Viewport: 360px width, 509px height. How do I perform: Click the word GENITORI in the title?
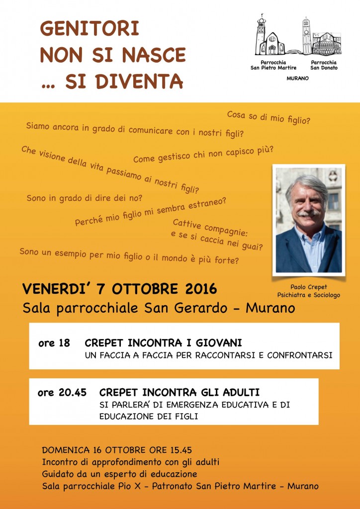point(89,29)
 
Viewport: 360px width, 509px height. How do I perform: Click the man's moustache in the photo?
point(309,213)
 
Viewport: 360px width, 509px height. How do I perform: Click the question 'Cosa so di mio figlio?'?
point(269,118)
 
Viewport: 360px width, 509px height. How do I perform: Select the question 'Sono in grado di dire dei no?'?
point(85,198)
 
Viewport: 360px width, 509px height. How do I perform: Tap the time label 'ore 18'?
point(54,343)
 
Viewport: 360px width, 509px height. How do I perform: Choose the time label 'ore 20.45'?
point(62,393)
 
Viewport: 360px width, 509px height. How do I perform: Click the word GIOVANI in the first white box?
point(217,343)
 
